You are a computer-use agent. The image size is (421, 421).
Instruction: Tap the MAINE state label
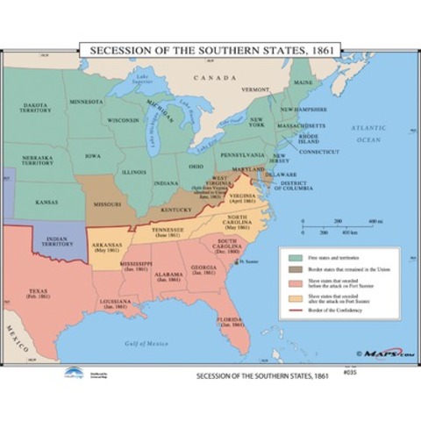(302, 82)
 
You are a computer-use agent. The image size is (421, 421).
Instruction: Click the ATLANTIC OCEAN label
(367, 132)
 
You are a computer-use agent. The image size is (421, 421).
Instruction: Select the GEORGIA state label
(203, 268)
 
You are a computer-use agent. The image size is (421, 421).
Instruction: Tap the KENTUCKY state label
(176, 210)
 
